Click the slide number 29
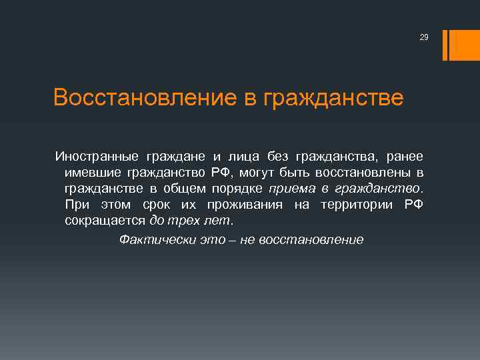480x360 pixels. [423, 37]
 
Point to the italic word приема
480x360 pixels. [291, 188]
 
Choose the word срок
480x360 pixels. [157, 204]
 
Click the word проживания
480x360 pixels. [238, 204]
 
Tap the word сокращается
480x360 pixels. [105, 220]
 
